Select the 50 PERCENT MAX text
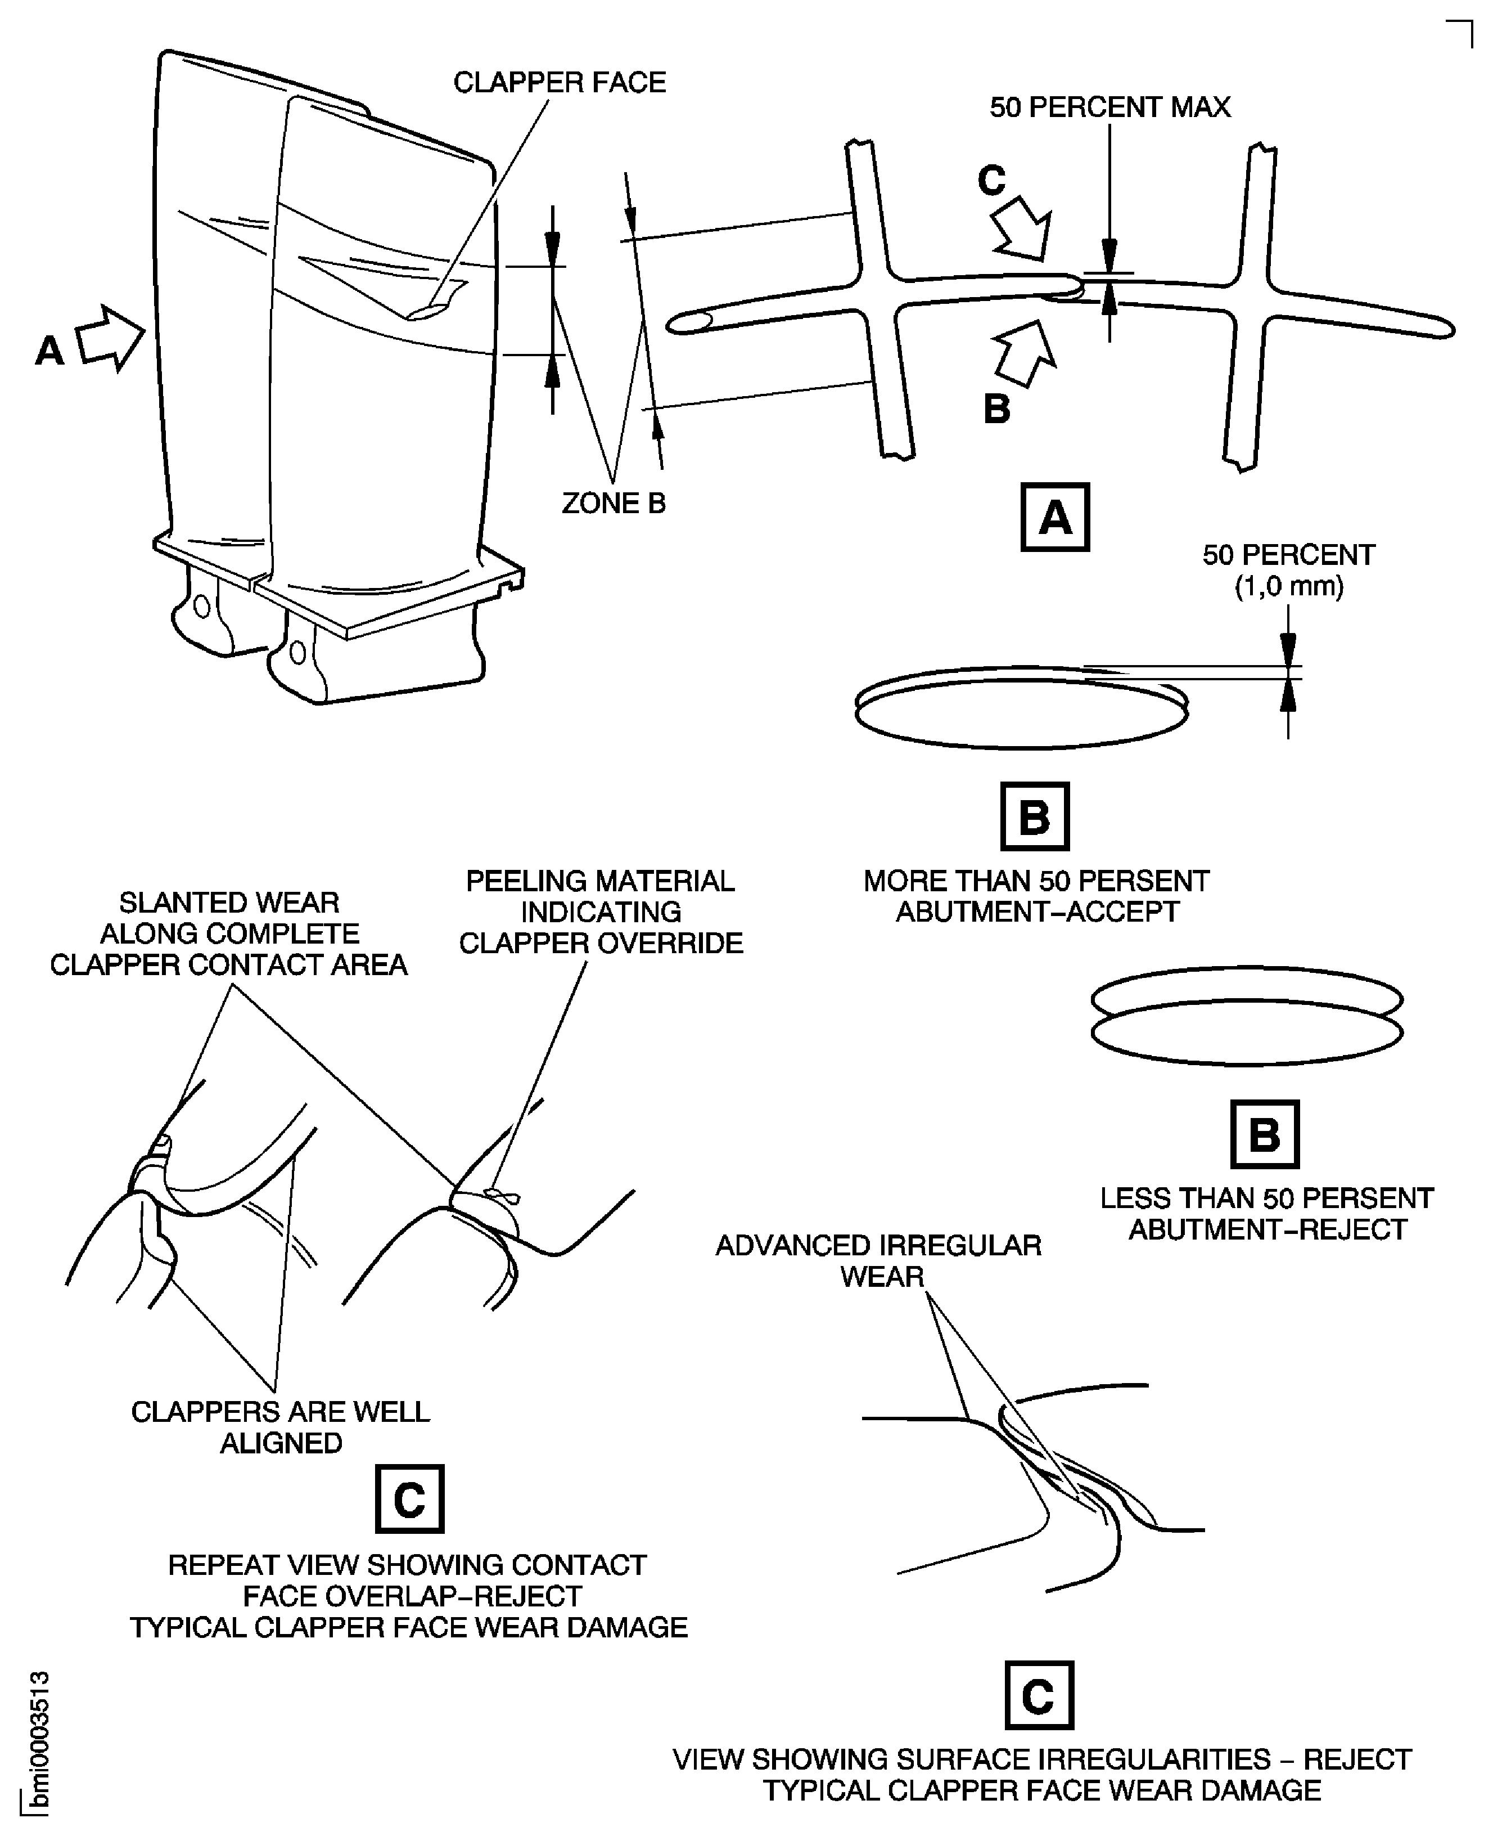(x=1109, y=107)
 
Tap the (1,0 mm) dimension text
(x=1288, y=587)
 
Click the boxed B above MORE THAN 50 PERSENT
(x=1035, y=816)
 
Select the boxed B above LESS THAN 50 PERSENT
(x=1264, y=1134)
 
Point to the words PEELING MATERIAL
(x=601, y=881)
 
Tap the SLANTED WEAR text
(x=229, y=903)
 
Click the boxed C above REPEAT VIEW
(x=409, y=1499)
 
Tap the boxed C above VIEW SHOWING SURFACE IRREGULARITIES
(x=1039, y=1695)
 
